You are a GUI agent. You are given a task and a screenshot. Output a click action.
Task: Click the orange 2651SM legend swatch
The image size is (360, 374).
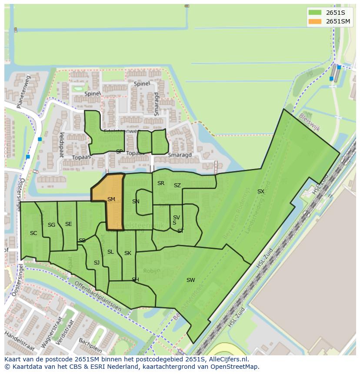(315, 21)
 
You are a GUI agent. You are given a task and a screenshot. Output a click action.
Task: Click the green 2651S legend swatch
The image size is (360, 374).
(315, 12)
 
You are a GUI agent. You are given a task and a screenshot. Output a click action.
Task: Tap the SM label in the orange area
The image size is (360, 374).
(111, 200)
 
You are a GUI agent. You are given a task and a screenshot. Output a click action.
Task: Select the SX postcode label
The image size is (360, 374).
(260, 192)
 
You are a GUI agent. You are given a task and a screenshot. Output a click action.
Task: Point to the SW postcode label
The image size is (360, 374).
(190, 280)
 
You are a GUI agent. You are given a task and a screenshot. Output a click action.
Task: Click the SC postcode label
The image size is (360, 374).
(33, 233)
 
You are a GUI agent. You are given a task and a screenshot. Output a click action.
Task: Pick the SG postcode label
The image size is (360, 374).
(52, 225)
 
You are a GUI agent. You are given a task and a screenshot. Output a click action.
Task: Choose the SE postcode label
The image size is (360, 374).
(68, 224)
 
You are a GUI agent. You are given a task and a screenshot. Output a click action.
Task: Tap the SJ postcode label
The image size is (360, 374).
(97, 263)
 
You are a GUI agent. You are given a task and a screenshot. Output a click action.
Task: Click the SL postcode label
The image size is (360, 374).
(110, 252)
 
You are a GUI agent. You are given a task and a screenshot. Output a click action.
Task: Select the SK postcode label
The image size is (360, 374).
(128, 253)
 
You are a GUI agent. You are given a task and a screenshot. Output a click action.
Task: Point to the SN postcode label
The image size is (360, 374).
(136, 202)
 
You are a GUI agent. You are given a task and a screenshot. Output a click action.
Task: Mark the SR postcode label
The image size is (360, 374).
(161, 183)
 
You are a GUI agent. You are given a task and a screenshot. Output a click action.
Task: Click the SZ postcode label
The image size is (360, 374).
(177, 185)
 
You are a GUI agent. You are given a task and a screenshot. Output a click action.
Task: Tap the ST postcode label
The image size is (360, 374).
(180, 231)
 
